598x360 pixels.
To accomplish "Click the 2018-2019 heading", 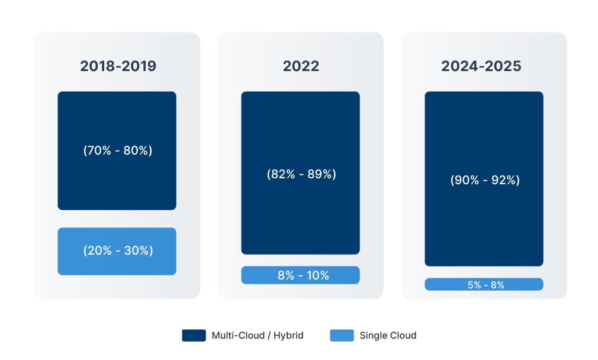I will [118, 66].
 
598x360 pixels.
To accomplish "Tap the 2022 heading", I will [301, 66].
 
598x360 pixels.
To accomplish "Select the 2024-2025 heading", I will [481, 66].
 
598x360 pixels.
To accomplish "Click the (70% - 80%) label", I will [118, 150].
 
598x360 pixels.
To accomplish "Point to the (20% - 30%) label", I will [118, 250].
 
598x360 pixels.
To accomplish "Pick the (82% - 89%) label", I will [301, 174].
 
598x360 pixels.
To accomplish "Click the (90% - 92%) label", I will [485, 180].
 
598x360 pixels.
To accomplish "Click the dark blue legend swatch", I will [194, 336].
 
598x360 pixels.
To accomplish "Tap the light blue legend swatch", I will [342, 336].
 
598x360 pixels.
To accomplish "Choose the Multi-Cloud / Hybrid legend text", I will [258, 336].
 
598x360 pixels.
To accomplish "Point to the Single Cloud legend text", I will [388, 336].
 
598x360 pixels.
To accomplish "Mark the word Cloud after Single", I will [402, 336].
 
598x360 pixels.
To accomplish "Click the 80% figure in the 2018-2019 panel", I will [136, 150].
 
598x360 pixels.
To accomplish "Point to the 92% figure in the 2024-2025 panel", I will [503, 180].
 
